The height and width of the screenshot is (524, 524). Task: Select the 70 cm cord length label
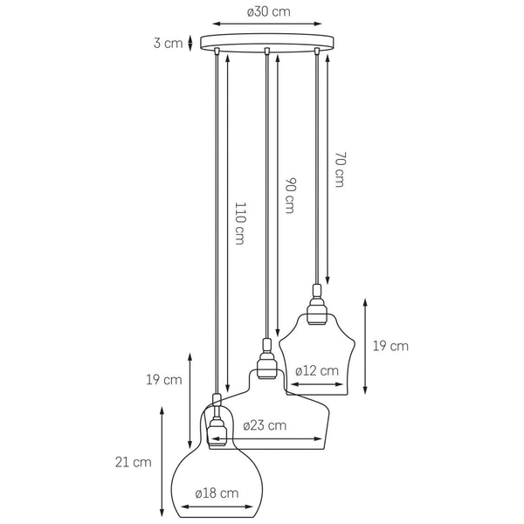point(340,170)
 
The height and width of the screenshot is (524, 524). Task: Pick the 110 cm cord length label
point(239,224)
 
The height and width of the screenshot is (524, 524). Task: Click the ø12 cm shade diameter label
point(316,370)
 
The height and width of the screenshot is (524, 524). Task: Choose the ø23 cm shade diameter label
point(265,425)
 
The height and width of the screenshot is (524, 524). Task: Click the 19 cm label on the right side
point(390,346)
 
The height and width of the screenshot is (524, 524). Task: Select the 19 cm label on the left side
point(164,380)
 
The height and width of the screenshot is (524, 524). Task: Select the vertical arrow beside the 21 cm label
point(161,461)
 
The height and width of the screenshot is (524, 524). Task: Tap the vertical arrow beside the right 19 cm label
point(365,346)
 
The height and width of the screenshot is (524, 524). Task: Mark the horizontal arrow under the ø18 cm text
point(217,506)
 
